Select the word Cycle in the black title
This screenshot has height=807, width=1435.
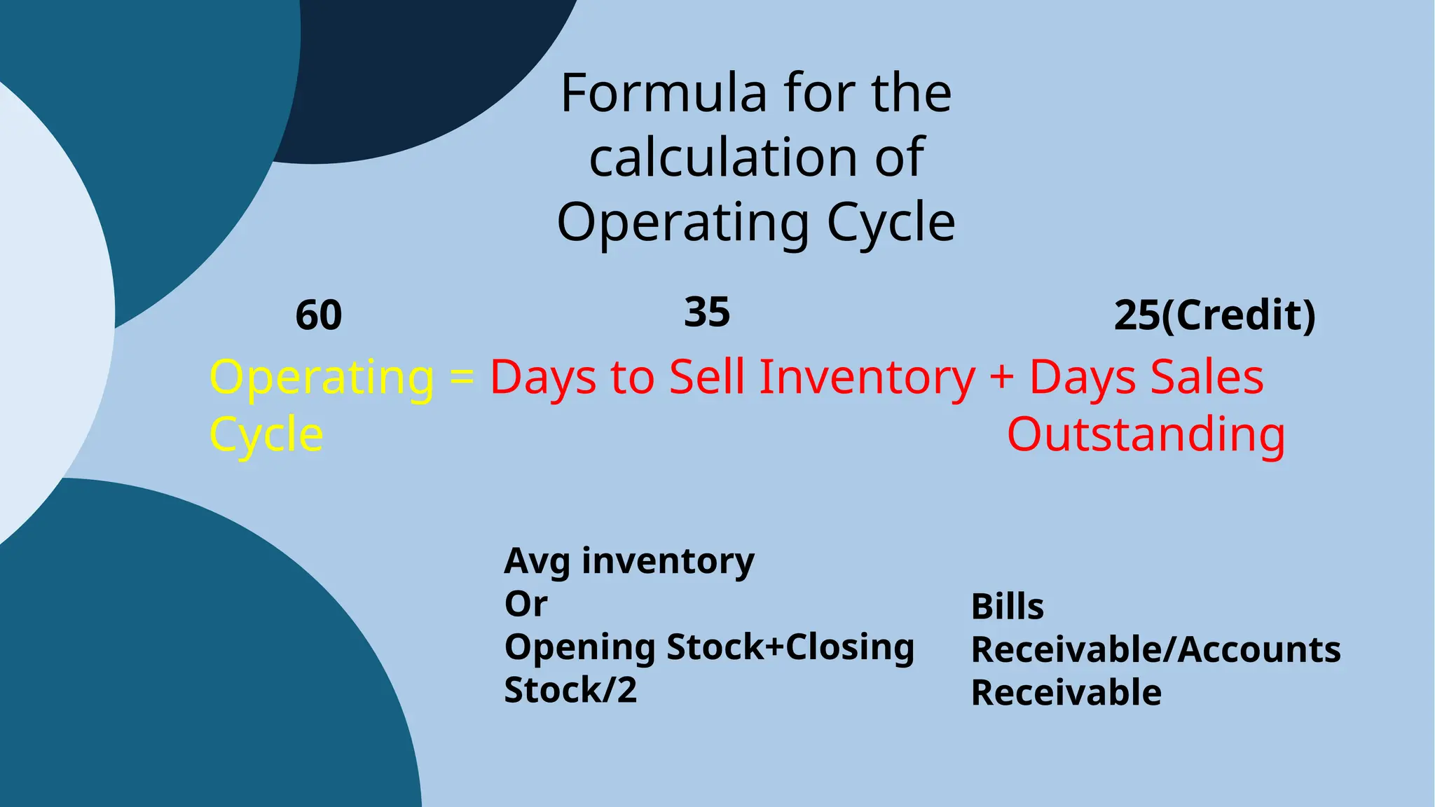pos(891,222)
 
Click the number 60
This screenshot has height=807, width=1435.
pos(319,315)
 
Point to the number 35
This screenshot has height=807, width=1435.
pos(707,312)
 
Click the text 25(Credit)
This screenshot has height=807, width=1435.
pos(1214,315)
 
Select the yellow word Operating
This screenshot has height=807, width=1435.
pos(322,378)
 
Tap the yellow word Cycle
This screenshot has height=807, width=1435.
pos(266,434)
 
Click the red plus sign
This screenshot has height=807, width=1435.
pos(1002,377)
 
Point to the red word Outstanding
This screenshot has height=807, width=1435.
pos(1146,434)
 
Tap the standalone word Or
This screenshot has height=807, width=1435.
pos(526,604)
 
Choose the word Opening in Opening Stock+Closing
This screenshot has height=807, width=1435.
pos(579,647)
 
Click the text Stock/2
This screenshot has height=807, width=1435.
pos(570,690)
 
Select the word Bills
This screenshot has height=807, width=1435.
pos(1007,607)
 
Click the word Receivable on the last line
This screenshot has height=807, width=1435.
pos(1066,693)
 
